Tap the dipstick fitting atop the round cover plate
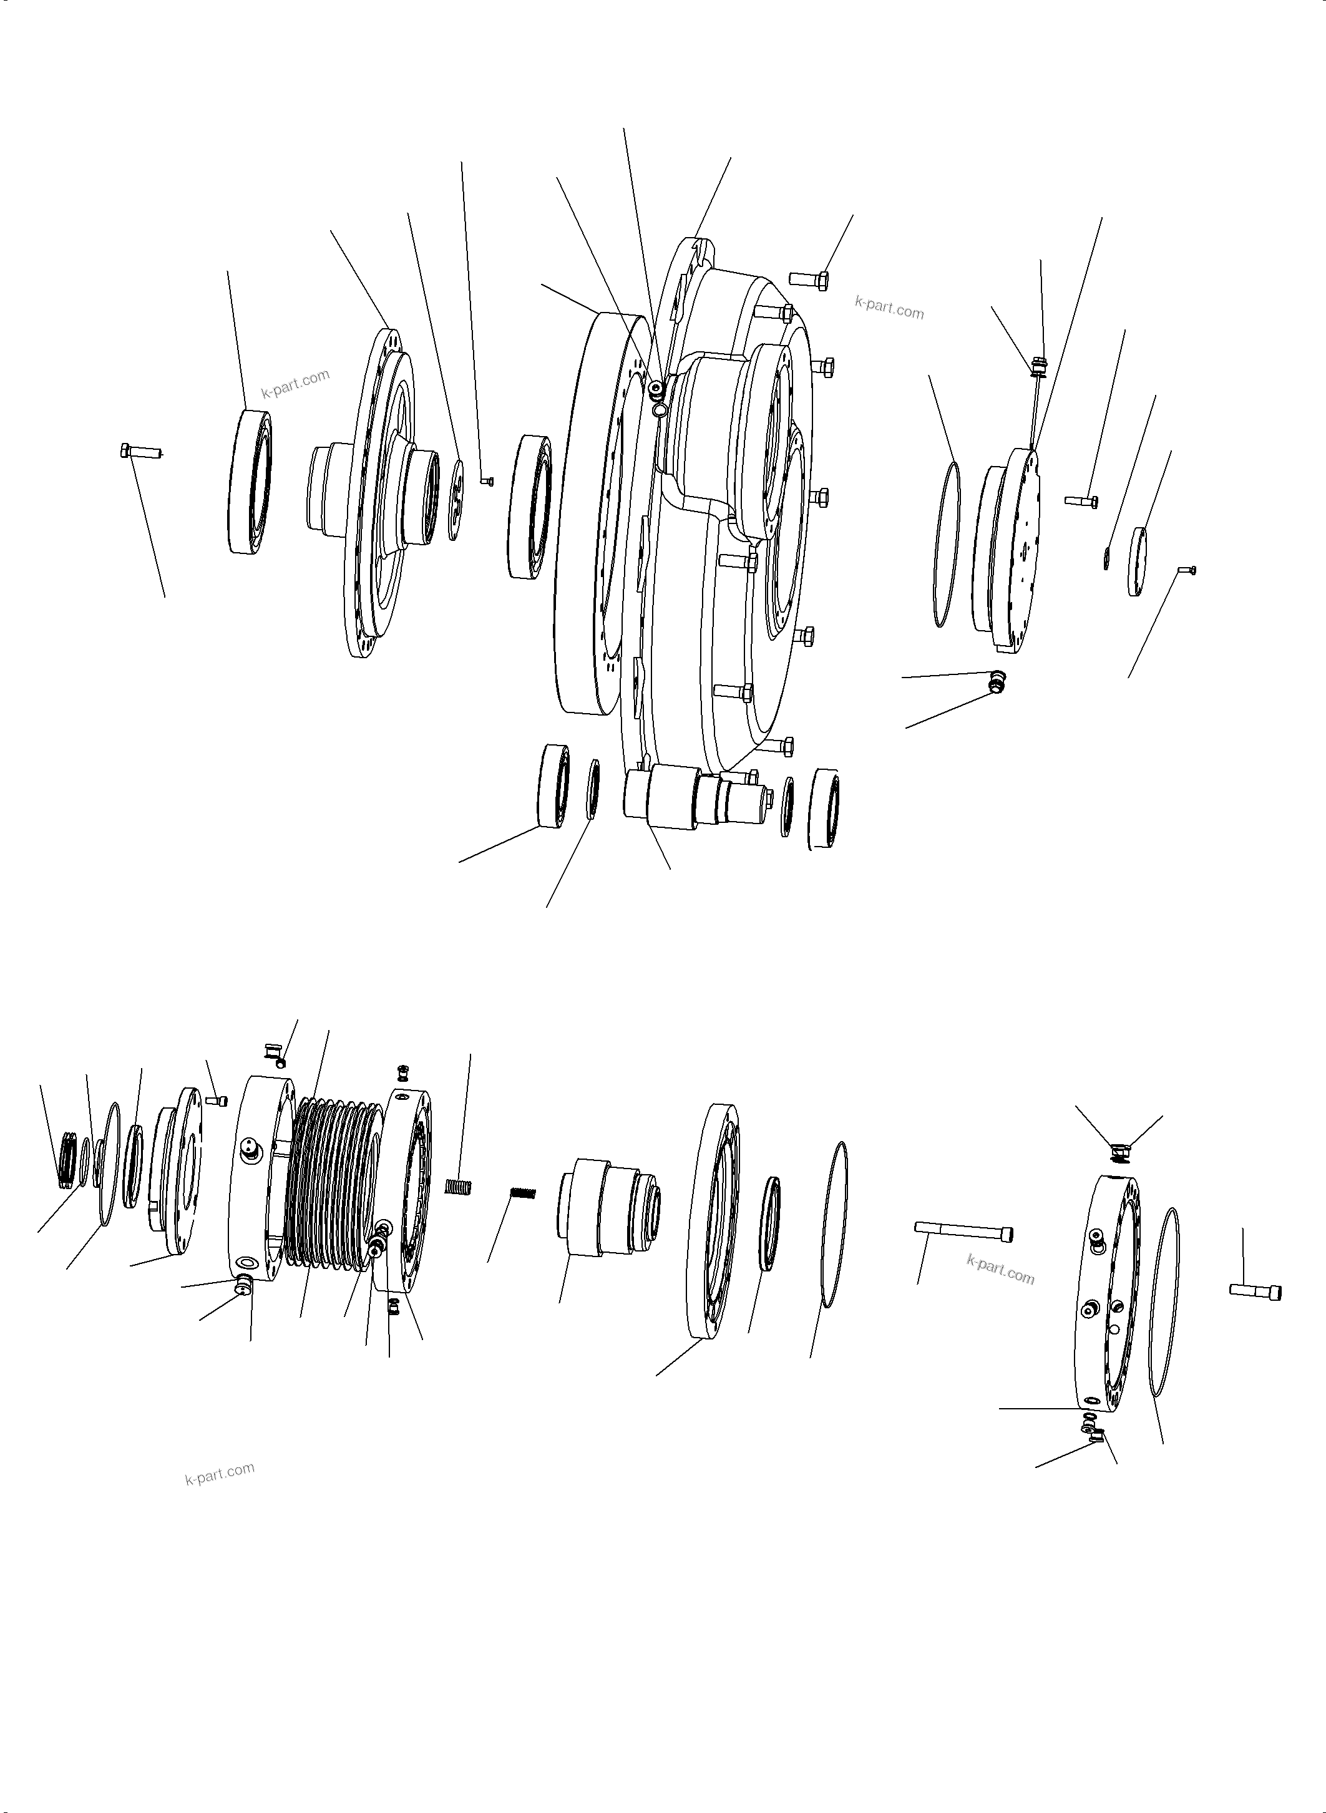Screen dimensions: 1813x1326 [1038, 367]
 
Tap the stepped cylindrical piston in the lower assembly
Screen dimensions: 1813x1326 [608, 1207]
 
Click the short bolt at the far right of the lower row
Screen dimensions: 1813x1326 [1255, 1291]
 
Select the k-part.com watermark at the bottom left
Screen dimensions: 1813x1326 [219, 1474]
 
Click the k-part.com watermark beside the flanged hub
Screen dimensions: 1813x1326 [295, 384]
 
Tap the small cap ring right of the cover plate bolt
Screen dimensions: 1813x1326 [1138, 561]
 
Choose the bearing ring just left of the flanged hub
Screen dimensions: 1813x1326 [250, 482]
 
